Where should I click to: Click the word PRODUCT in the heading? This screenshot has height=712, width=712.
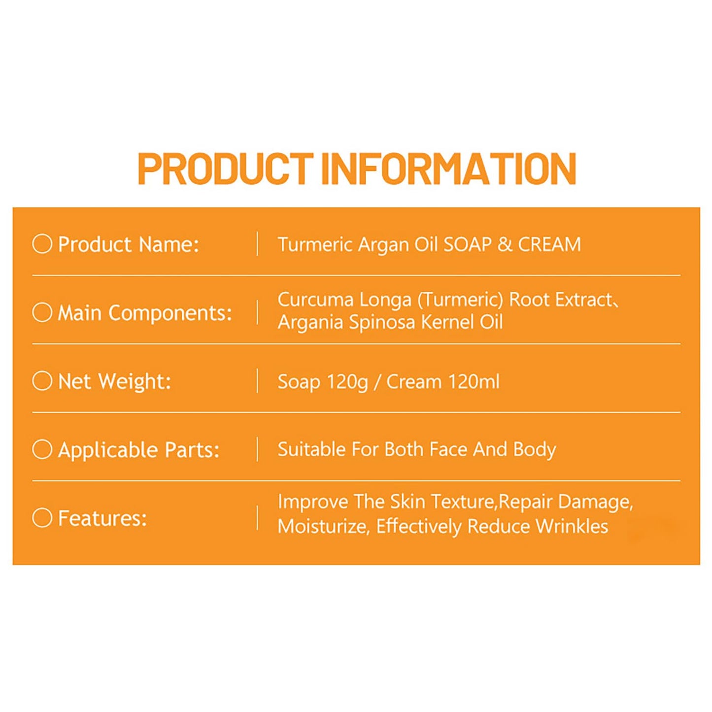(x=225, y=169)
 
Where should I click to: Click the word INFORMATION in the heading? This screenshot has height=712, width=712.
(x=448, y=169)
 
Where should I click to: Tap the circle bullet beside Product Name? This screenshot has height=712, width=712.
(x=42, y=243)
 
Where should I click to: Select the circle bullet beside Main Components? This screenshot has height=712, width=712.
(x=42, y=312)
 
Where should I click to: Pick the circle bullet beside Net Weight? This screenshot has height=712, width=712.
(x=42, y=380)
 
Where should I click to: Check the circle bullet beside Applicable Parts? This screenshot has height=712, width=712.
(x=42, y=449)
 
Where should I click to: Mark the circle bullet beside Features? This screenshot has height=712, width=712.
(x=42, y=517)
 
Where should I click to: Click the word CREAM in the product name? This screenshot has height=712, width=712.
(x=549, y=244)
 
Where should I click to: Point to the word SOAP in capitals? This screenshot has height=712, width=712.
(x=468, y=244)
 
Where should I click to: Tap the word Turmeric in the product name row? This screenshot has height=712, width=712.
(x=315, y=244)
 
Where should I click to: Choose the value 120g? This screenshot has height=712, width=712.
(x=347, y=382)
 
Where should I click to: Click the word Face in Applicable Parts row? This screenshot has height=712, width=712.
(x=448, y=449)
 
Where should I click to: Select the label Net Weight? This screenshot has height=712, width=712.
(x=114, y=381)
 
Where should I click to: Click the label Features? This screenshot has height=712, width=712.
(x=102, y=518)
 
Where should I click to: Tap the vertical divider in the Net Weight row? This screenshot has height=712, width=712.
(x=257, y=381)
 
